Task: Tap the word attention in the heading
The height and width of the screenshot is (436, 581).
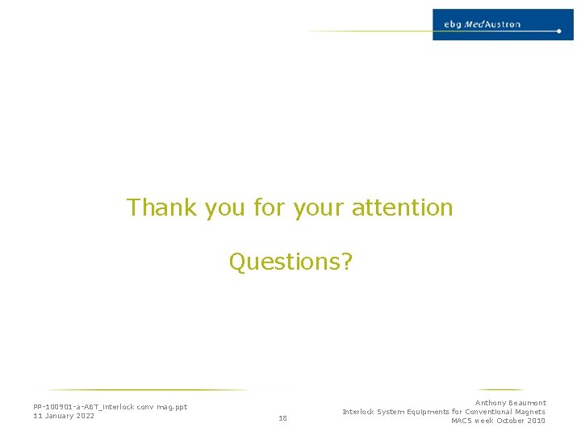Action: coord(402,208)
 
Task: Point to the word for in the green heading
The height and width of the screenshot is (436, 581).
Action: coord(269,208)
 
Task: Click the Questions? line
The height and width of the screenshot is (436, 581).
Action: coord(290,262)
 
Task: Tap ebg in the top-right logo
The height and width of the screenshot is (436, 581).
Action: coord(453,24)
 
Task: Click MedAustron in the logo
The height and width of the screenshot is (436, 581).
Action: coord(492,24)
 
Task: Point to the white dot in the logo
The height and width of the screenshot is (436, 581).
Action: coord(558,31)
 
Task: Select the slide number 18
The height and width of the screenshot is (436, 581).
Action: coord(282,418)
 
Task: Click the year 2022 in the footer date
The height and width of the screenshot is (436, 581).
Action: coord(85,416)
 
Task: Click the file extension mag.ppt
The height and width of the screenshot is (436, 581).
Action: coord(172,407)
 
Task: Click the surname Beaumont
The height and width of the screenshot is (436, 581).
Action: coord(527,403)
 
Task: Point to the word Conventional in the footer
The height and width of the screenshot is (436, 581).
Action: coord(491,412)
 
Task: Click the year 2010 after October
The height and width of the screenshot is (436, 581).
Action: coord(535,421)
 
